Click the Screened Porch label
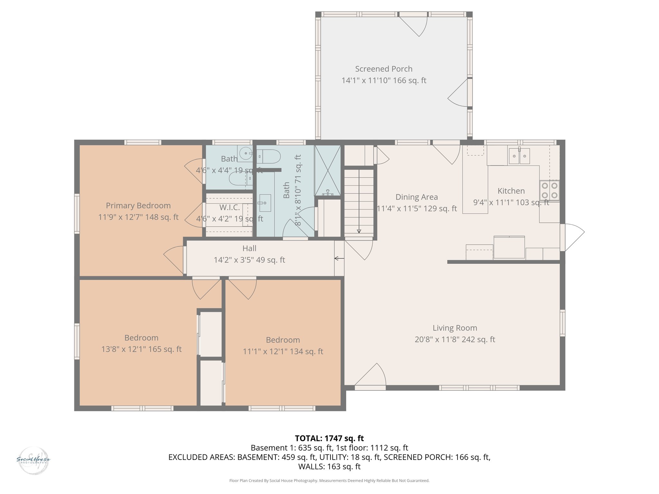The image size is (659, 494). click(384, 69)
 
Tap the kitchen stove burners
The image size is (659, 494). click(550, 190)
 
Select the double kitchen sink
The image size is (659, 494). click(519, 156)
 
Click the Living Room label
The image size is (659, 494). click(455, 328)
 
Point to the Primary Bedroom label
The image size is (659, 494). click(138, 206)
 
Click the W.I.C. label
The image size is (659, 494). click(229, 207)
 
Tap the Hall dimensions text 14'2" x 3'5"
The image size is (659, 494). click(249, 260)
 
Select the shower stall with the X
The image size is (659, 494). click(328, 170)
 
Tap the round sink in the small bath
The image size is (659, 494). click(246, 153)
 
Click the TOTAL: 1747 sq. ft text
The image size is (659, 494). click(329, 438)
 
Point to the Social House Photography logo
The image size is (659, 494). click(33, 460)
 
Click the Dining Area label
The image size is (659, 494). click(416, 197)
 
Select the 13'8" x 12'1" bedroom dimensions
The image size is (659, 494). click(141, 349)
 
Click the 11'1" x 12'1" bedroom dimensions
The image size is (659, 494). click(283, 352)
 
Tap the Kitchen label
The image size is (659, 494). click(511, 191)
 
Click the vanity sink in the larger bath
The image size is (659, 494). click(264, 203)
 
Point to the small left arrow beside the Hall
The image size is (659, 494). click(339, 258)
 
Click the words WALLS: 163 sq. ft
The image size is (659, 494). click(329, 466)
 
